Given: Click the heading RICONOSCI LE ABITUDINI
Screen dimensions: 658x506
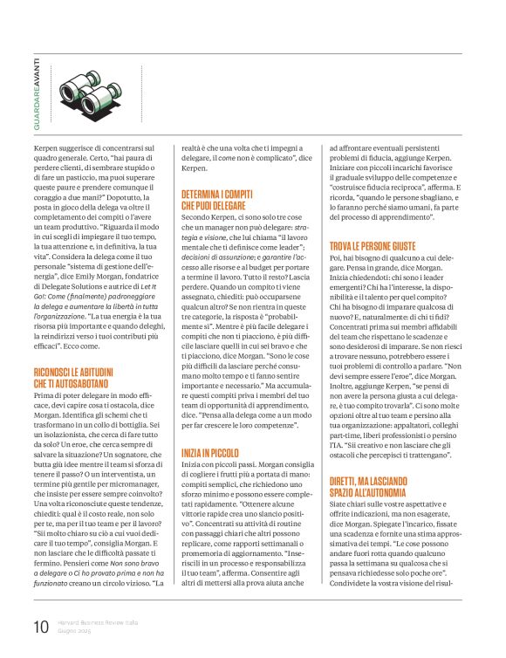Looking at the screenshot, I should tap(86, 373).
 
